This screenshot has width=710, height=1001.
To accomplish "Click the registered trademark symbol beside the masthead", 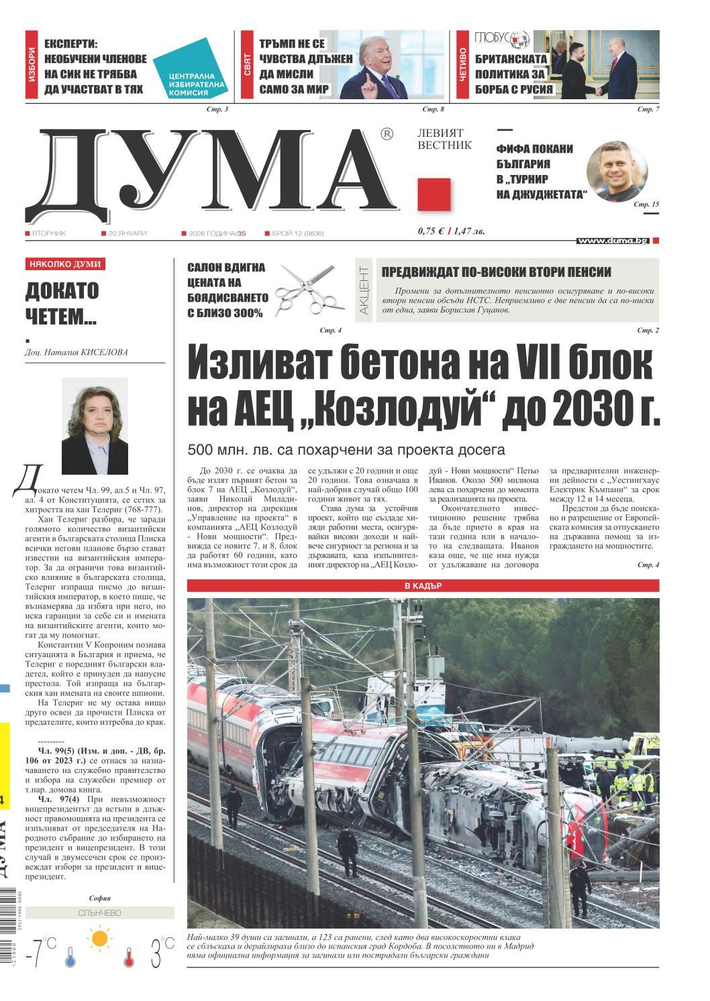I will tap(387, 134).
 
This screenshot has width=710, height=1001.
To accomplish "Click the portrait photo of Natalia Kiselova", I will tap(95, 426).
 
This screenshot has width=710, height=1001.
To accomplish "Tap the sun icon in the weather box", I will tap(100, 937).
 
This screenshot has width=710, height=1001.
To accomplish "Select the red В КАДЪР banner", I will tap(423, 585).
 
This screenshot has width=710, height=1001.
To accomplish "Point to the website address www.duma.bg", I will tap(612, 240).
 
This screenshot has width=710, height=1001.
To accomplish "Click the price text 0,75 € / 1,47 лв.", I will tap(450, 231).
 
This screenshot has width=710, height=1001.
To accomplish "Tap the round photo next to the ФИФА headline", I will tap(617, 171).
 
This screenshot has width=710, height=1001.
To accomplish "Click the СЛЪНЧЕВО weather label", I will tap(99, 912).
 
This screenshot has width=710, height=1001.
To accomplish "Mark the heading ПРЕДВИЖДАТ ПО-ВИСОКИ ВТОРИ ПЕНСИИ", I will tap(496, 272).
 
